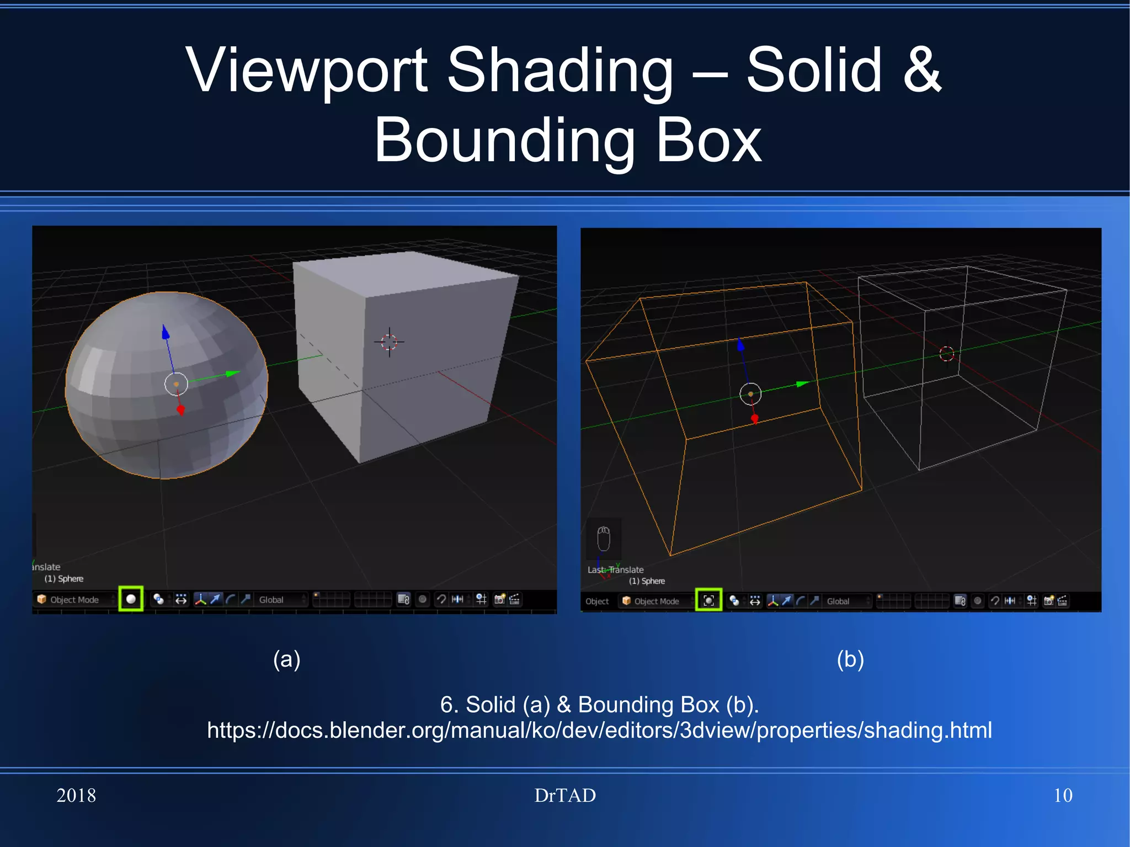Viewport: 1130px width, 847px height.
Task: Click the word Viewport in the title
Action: (x=307, y=71)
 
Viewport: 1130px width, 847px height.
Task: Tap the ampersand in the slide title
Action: (x=922, y=71)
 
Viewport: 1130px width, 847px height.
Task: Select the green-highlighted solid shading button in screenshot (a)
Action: (x=131, y=599)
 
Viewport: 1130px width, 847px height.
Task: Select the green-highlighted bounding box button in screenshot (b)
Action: (x=709, y=600)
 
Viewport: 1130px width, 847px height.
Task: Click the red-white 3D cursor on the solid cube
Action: (x=389, y=342)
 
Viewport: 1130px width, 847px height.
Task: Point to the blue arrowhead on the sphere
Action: (x=165, y=332)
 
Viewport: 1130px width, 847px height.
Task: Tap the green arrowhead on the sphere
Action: (x=233, y=374)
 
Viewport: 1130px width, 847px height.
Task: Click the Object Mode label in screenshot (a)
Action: (x=74, y=600)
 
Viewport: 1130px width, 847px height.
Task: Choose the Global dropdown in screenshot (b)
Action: (x=839, y=601)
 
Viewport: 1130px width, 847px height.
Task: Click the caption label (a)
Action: (x=286, y=659)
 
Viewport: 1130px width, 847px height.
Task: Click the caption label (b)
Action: (x=850, y=659)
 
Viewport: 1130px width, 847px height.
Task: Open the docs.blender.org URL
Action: (x=599, y=730)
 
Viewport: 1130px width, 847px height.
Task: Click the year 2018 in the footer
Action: (x=76, y=795)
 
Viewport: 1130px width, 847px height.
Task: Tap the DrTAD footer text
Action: (x=565, y=795)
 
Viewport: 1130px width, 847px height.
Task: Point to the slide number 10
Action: (x=1063, y=795)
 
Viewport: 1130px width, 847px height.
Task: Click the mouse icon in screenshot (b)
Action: (x=604, y=538)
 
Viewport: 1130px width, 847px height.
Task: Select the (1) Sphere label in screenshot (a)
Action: (x=64, y=579)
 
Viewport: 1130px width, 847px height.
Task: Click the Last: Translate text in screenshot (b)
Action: (x=615, y=569)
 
